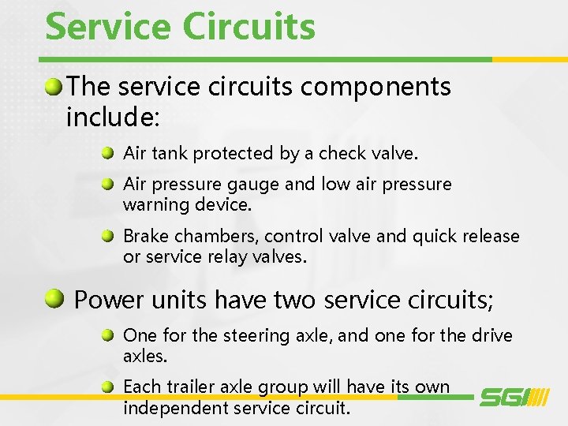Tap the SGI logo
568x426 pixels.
coord(514,396)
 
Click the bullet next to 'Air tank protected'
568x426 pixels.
coord(110,153)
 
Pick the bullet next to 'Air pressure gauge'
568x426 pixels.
coord(110,185)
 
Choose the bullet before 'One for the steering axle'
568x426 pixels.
coord(110,335)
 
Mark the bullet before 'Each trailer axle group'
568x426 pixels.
coord(110,387)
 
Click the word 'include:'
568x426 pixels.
coord(113,118)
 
